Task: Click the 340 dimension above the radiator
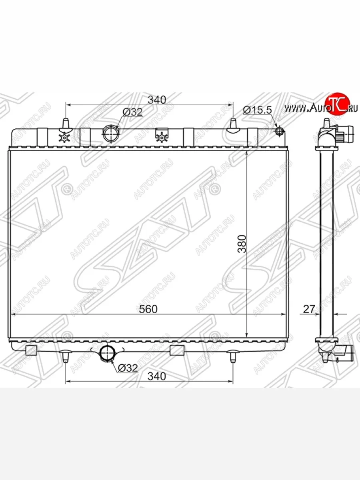[157, 100]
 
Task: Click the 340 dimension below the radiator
[157, 381]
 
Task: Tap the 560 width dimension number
[148, 309]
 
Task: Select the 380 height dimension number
[242, 244]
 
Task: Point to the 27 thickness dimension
[309, 309]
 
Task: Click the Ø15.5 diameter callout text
[258, 110]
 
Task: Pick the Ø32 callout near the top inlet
[132, 112]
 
